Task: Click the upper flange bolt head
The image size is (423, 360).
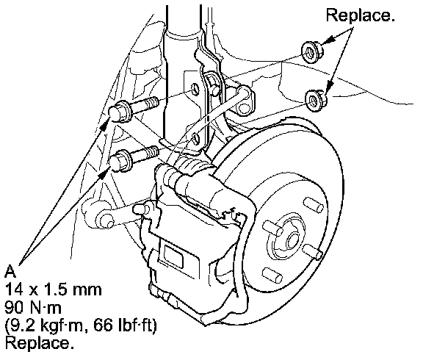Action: [120, 111]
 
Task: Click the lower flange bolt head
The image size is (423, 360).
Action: [120, 161]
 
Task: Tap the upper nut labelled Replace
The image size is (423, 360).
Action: [312, 52]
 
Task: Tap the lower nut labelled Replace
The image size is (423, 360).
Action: [316, 100]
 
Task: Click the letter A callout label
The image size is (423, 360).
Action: [10, 271]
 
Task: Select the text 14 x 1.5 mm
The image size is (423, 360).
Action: [53, 289]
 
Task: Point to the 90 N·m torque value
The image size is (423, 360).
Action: [33, 307]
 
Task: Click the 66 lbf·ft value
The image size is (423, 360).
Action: [125, 325]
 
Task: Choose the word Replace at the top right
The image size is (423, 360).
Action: [360, 15]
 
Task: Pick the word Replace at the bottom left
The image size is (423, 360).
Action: [39, 343]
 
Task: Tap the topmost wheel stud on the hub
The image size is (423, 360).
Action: [314, 205]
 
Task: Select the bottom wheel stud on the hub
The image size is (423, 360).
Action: [272, 276]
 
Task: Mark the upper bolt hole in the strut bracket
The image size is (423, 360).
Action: [195, 88]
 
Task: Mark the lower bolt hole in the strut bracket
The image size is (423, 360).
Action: [196, 138]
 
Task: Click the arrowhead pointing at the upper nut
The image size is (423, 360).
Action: [330, 40]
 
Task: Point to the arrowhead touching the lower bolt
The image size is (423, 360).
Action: [104, 174]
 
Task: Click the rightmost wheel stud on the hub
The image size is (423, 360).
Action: [312, 251]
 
